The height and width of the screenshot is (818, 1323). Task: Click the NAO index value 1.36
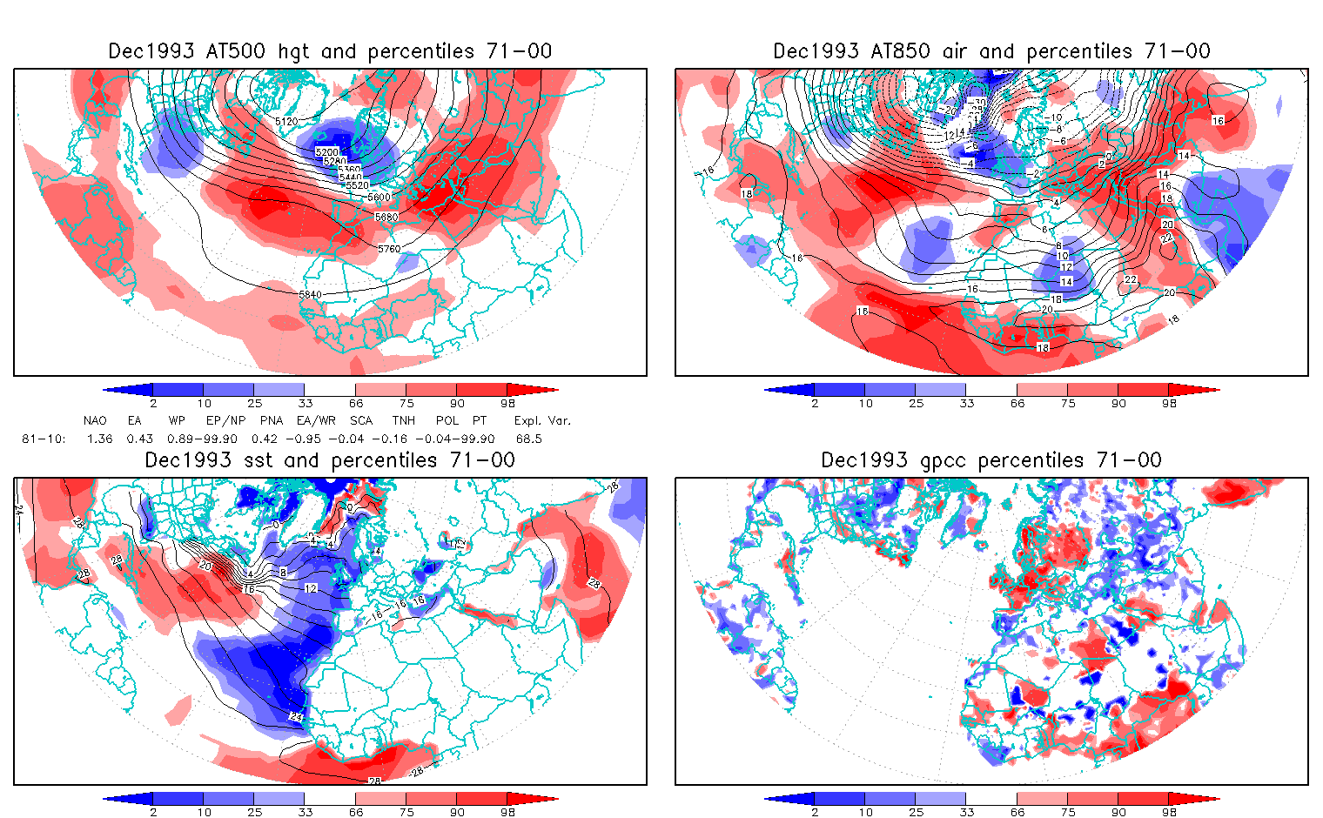pyautogui.click(x=99, y=439)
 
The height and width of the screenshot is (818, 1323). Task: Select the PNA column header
pyautogui.click(x=271, y=420)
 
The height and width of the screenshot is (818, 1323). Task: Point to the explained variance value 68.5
pyautogui.click(x=528, y=439)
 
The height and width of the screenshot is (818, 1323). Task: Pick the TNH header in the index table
pyautogui.click(x=403, y=420)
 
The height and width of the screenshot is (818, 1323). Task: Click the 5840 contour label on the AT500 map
pyautogui.click(x=310, y=295)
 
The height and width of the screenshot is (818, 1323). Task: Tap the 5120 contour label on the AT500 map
pyautogui.click(x=286, y=122)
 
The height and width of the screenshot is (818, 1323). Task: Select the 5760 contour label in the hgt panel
pyautogui.click(x=389, y=249)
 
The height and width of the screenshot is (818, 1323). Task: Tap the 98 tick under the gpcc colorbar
pyautogui.click(x=1169, y=812)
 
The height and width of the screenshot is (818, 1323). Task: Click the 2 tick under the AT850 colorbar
pyautogui.click(x=815, y=403)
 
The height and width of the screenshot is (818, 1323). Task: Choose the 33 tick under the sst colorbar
pyautogui.click(x=305, y=812)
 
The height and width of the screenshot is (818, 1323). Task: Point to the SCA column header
pyautogui.click(x=360, y=420)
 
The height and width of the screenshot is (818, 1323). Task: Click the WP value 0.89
pyautogui.click(x=180, y=439)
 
